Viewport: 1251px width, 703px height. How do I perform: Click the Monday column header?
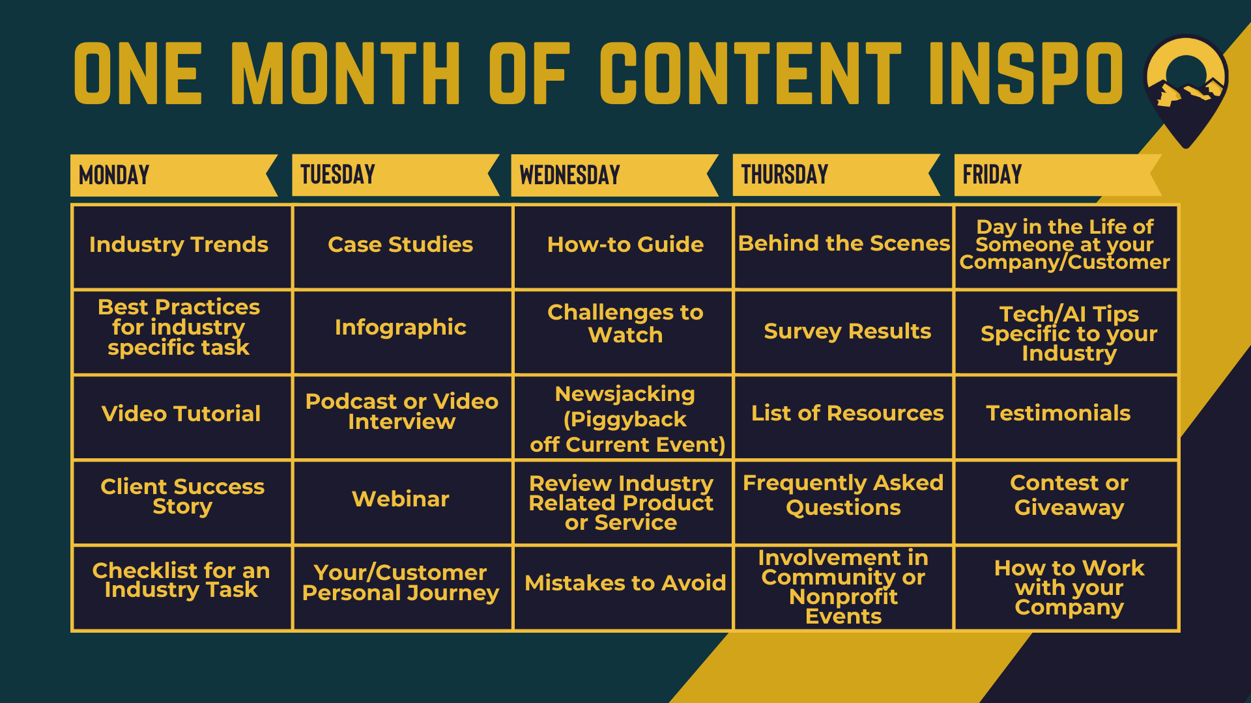174,175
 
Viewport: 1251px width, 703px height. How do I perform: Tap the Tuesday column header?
395,175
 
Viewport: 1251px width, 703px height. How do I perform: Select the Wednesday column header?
614,175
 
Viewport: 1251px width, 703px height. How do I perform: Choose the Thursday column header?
836,175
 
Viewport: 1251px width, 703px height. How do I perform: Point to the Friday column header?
1057,175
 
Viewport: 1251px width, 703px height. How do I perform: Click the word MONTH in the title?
346,73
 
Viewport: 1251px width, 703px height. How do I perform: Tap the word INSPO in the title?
1026,73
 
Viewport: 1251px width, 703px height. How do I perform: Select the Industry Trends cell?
182,247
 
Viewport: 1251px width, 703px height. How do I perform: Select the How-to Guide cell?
624,247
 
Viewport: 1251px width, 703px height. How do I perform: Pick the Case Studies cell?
403,247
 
